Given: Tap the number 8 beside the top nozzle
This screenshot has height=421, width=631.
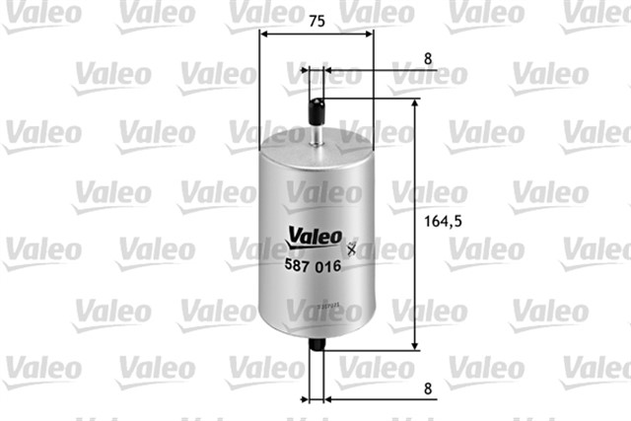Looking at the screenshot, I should (428, 58).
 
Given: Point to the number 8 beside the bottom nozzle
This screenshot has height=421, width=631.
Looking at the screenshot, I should (428, 387).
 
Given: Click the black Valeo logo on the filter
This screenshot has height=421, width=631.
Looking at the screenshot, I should (315, 238).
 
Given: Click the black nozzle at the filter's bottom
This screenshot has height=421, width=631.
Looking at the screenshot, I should (316, 347).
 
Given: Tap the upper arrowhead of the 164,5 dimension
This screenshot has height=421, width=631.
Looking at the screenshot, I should (415, 103).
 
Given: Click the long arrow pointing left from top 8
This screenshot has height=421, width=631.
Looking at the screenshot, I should (365, 71).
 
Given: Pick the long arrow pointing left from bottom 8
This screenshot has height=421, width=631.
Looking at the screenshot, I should (365, 400).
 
